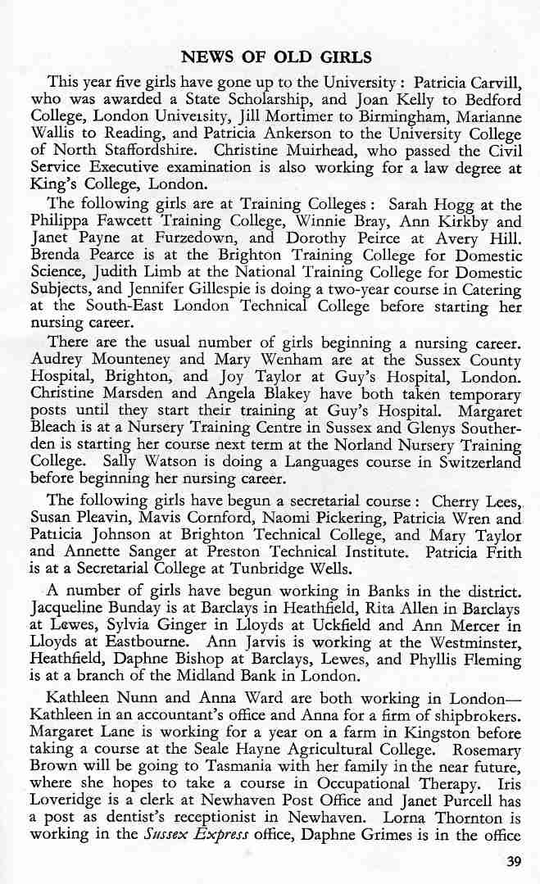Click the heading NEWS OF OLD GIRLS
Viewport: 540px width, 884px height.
pos(276,57)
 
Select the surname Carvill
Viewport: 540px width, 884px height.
pos(494,82)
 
